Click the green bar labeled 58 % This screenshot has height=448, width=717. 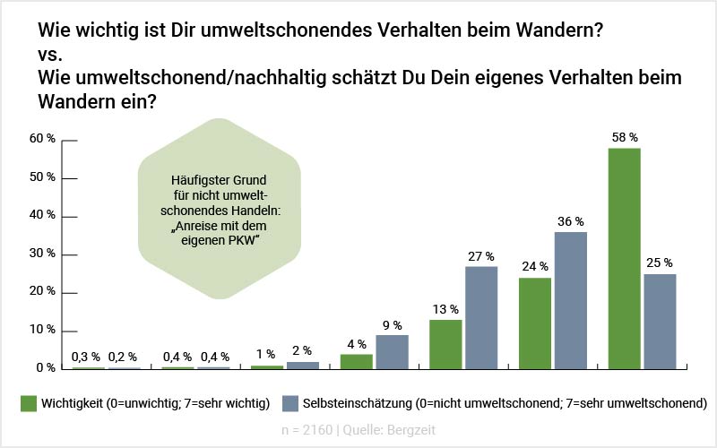click(625, 258)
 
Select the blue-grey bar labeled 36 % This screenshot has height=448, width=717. click(571, 300)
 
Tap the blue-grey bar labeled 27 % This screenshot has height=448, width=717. click(481, 317)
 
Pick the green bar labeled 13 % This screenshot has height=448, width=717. click(445, 344)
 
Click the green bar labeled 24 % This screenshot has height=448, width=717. click(535, 323)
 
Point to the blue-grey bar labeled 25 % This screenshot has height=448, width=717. click(661, 321)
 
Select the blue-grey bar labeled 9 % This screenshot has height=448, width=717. click(392, 351)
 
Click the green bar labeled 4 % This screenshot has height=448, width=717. click(356, 361)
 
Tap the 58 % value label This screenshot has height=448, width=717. click(624, 137)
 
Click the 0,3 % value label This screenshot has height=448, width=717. click(86, 357)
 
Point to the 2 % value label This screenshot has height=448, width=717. click(302, 350)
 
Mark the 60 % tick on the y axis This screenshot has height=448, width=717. click(44, 140)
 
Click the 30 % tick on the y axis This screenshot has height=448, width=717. click(44, 254)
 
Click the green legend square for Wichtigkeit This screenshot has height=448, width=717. click(27, 402)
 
